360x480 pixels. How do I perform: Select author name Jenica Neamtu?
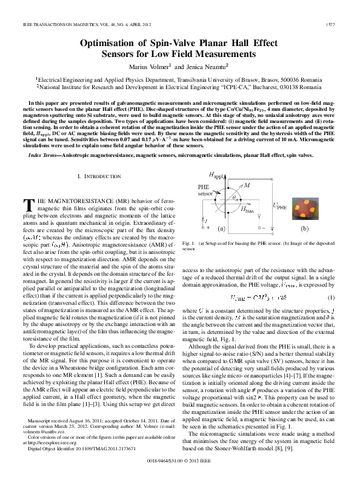(x=201, y=66)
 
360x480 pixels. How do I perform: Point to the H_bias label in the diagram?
(x=247, y=210)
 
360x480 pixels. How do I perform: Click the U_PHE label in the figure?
(x=281, y=207)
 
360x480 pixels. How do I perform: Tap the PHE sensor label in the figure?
(x=205, y=175)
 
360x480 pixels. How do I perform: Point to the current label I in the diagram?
(x=205, y=221)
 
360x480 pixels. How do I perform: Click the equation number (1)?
(x=331, y=297)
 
